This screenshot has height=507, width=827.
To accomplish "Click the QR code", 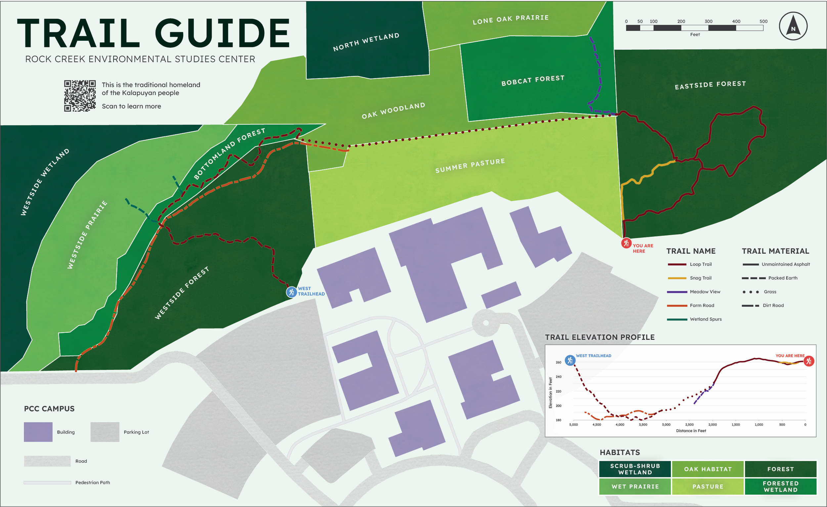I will click(x=80, y=96).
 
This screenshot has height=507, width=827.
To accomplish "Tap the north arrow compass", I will click(x=793, y=26).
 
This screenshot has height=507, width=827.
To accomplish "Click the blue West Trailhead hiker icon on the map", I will click(x=291, y=292).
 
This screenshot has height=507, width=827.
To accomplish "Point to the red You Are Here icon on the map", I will click(x=626, y=243).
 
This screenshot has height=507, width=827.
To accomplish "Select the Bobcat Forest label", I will click(x=533, y=80).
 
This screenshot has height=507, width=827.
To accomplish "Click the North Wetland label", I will click(x=366, y=42).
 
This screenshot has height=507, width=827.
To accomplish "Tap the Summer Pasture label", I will click(x=470, y=166).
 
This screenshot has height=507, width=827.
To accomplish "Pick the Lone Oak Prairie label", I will click(x=510, y=20).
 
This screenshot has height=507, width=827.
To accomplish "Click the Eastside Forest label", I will click(x=710, y=85).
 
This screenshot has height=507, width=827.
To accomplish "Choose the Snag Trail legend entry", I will click(x=700, y=278).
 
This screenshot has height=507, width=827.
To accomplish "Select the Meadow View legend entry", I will click(x=705, y=292).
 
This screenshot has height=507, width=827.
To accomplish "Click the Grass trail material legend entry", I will click(x=770, y=292).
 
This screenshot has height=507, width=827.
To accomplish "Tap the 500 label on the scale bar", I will click(x=763, y=21).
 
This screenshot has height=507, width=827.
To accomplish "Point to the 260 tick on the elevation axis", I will click(x=558, y=362).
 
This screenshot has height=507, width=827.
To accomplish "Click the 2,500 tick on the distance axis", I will click(x=689, y=425).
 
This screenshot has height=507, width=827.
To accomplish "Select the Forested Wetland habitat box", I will click(x=780, y=486).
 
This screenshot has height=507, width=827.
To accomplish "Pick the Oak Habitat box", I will click(x=708, y=469).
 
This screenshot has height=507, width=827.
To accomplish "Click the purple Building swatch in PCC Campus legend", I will click(x=38, y=432).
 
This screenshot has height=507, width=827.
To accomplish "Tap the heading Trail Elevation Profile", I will click(x=599, y=337).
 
